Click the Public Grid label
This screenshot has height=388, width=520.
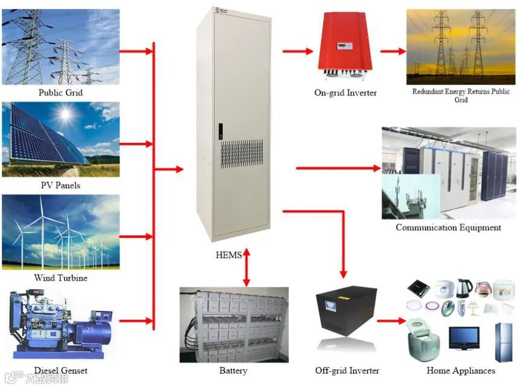60,93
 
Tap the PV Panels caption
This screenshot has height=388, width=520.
60,185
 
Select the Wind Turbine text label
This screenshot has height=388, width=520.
60,278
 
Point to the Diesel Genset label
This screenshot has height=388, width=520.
60,371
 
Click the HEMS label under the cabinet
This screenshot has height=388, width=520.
228,255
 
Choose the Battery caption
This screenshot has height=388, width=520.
233,371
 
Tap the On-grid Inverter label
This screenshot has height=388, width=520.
345,93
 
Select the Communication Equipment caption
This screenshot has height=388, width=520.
448,227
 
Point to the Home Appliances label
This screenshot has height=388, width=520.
461,371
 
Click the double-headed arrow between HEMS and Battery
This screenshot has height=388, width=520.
246,269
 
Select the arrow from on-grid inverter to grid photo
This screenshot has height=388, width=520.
393,52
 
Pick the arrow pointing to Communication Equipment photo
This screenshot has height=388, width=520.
338,168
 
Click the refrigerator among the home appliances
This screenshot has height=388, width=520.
503,342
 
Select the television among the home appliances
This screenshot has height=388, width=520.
464,339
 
